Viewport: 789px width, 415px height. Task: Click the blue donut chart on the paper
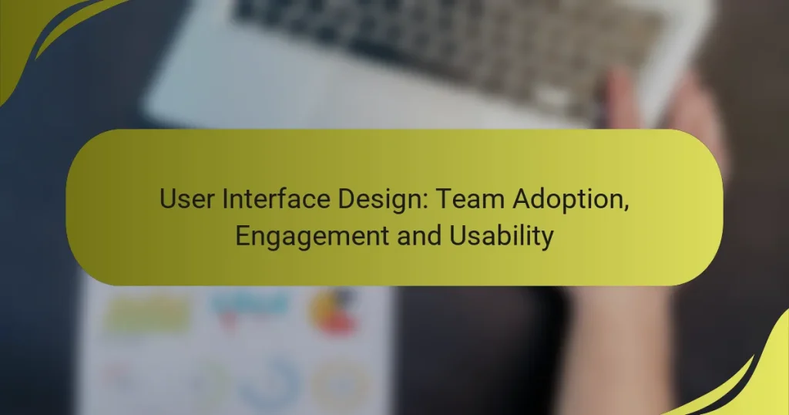click(x=269, y=382)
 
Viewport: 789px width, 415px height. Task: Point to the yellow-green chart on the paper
click(x=146, y=315)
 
